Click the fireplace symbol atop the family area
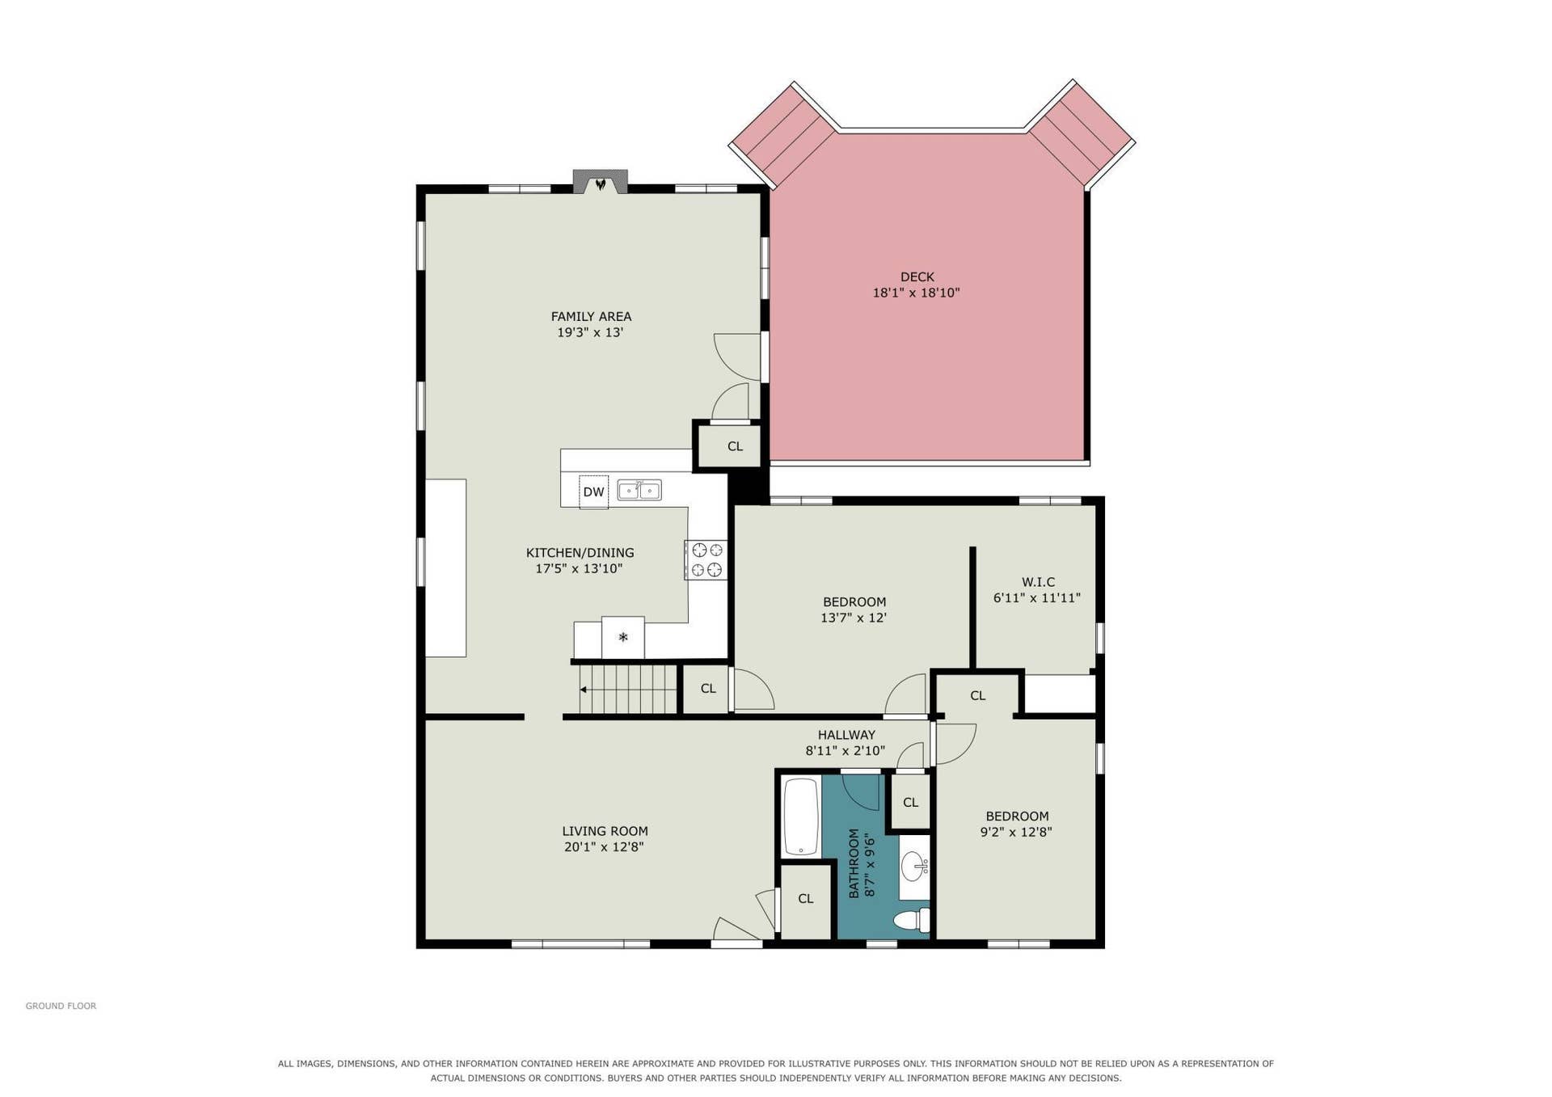(600, 182)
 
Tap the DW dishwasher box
(593, 492)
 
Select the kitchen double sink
(639, 490)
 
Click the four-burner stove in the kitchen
(706, 560)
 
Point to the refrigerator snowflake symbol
(623, 637)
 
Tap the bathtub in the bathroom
(802, 816)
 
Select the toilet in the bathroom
(912, 920)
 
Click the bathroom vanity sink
(915, 866)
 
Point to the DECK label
(917, 276)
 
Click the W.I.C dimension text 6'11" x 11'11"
(1037, 598)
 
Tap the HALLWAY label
(846, 735)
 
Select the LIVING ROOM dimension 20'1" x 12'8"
(604, 847)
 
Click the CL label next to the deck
(735, 446)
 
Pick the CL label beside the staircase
(708, 689)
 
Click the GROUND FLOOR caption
(61, 1006)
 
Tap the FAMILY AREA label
(591, 316)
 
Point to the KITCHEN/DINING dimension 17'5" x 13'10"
(579, 568)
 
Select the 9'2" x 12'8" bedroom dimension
(1016, 832)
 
